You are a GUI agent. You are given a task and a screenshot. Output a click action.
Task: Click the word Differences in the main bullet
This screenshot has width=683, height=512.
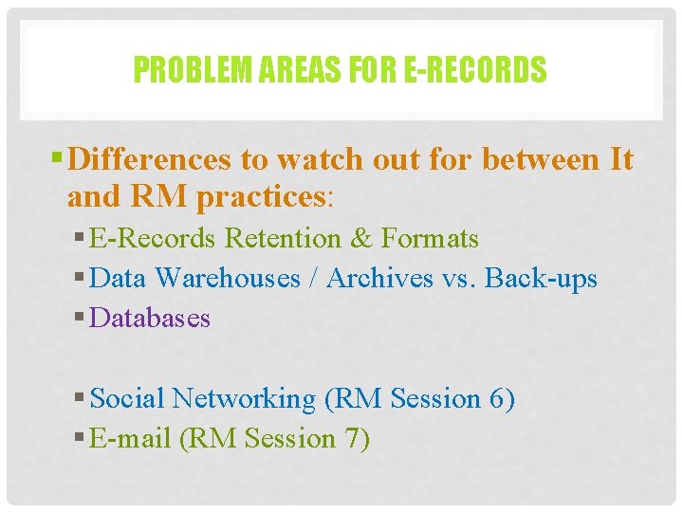pyautogui.click(x=153, y=159)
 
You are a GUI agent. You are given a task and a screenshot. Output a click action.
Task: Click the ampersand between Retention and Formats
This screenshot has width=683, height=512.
pyautogui.click(x=361, y=238)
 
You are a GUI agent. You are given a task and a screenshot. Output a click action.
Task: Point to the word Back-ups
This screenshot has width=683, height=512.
pyautogui.click(x=542, y=278)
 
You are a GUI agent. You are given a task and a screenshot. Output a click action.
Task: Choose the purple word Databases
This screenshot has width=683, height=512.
pyautogui.click(x=150, y=318)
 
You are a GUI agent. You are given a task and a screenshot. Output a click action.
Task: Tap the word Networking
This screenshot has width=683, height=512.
pyautogui.click(x=244, y=398)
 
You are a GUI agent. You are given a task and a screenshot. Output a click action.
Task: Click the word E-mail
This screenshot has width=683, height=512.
pyautogui.click(x=123, y=438)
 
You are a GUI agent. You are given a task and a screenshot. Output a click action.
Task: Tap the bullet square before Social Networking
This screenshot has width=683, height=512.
pyautogui.click(x=78, y=399)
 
